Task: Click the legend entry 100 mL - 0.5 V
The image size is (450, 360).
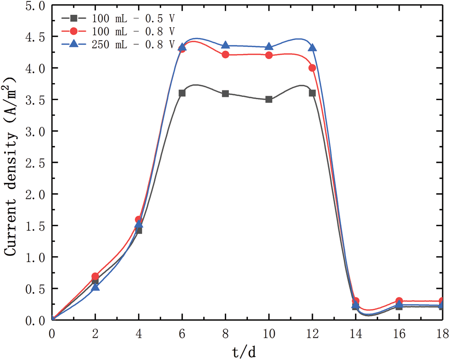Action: [x=118, y=18]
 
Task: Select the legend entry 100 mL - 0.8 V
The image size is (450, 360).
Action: [x=118, y=31]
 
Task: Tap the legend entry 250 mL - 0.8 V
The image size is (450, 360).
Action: [x=118, y=45]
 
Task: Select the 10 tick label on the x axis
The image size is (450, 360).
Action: [x=269, y=333]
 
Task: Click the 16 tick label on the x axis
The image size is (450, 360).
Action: [x=399, y=333]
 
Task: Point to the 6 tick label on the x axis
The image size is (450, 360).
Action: [x=182, y=333]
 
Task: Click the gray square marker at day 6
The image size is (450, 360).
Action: [x=182, y=93]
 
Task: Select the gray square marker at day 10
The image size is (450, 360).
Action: [x=269, y=99]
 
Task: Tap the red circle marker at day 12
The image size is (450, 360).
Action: [x=312, y=68]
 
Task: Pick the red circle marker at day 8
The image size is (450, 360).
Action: [x=226, y=54]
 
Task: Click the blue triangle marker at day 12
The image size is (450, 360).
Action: [x=312, y=48]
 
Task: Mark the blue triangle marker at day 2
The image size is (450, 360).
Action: [x=96, y=287]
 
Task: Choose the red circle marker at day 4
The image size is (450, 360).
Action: [x=138, y=219]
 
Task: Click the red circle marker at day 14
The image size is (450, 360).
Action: [x=356, y=301]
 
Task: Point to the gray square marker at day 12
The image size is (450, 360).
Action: [x=312, y=93]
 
